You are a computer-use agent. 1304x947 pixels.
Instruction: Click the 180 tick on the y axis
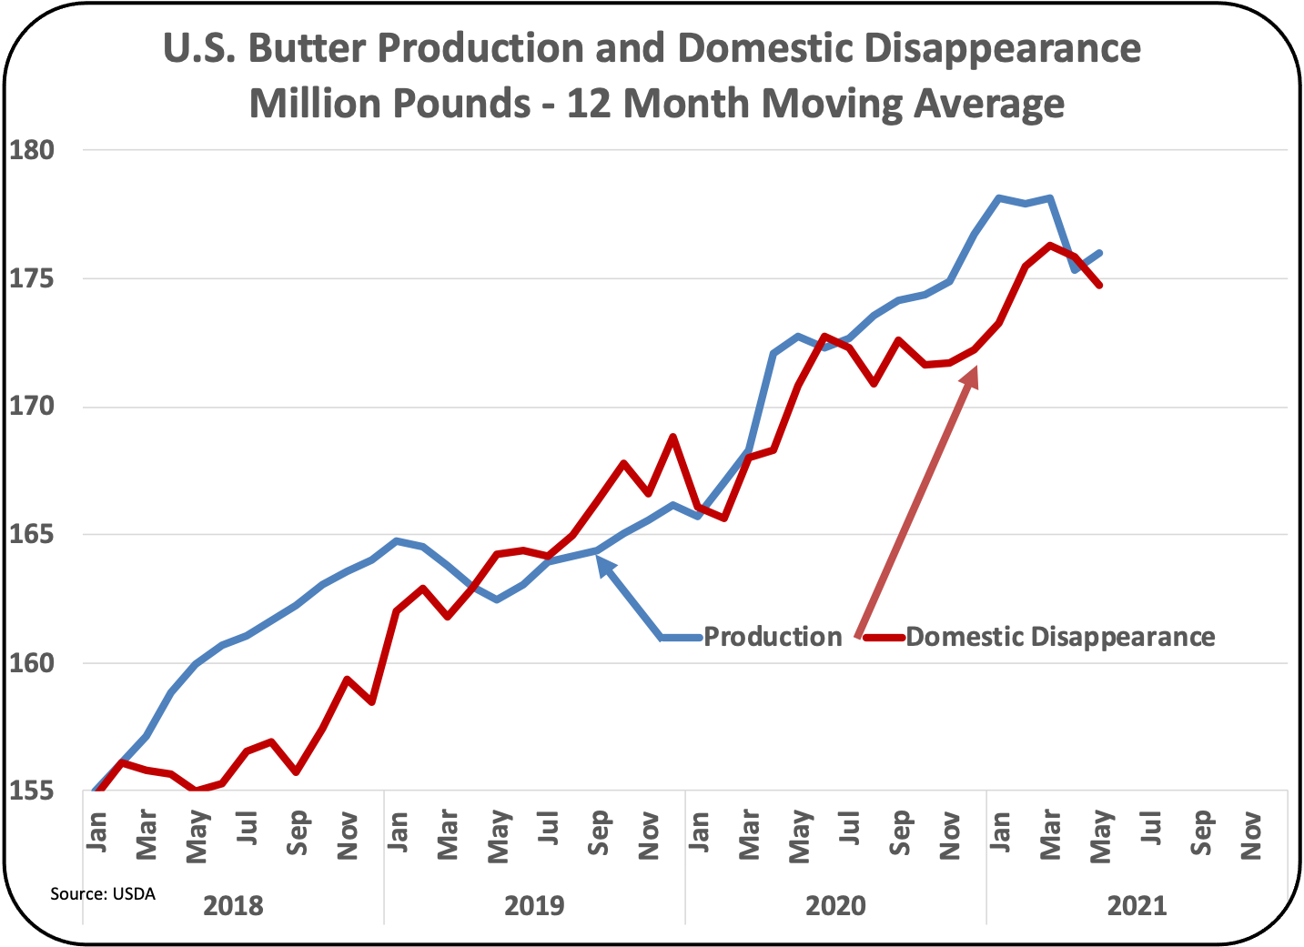pyautogui.click(x=32, y=149)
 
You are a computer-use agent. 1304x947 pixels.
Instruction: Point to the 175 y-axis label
pyautogui.click(x=32, y=278)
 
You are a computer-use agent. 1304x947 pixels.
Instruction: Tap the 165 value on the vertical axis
pyautogui.click(x=32, y=535)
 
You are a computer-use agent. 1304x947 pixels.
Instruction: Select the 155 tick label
pyautogui.click(x=32, y=791)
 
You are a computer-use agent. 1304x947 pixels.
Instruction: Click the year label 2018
pyautogui.click(x=233, y=906)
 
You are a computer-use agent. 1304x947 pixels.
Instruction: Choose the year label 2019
pyautogui.click(x=534, y=906)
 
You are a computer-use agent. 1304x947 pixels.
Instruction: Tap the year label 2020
pyautogui.click(x=835, y=906)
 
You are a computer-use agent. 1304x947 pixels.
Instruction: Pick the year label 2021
pyautogui.click(x=1137, y=906)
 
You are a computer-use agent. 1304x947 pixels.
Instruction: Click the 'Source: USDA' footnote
pyautogui.click(x=103, y=894)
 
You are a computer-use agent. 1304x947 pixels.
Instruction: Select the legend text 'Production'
pyautogui.click(x=773, y=637)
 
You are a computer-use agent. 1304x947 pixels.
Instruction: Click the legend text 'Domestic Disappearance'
pyautogui.click(x=1060, y=637)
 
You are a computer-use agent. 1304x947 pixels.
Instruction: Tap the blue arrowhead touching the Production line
pyautogui.click(x=601, y=562)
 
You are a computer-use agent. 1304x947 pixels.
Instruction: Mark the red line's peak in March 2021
pyautogui.click(x=1050, y=245)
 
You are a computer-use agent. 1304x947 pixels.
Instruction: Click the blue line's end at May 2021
pyautogui.click(x=1100, y=253)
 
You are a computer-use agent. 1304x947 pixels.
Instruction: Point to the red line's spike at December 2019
pyautogui.click(x=672, y=437)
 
